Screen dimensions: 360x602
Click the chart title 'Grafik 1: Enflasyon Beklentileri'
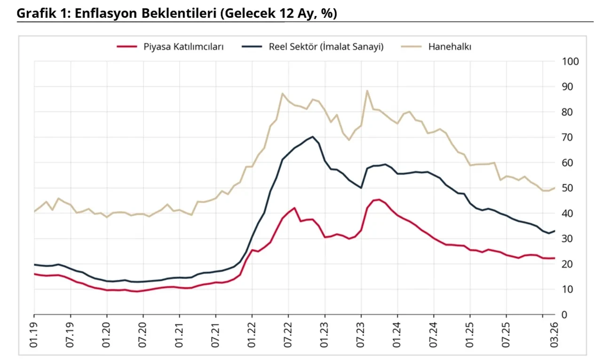click(177, 13)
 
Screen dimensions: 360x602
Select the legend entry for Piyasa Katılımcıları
click(183, 47)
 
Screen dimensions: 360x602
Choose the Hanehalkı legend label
click(450, 47)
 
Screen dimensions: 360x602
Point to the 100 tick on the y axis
click(570, 62)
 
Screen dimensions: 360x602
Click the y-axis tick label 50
click(568, 188)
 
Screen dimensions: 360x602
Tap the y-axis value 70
click(568, 137)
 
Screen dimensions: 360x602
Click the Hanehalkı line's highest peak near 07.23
click(367, 91)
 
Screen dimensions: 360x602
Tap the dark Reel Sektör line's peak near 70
click(313, 137)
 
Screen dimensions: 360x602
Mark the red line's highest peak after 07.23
click(379, 199)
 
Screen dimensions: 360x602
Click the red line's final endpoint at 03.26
click(554, 258)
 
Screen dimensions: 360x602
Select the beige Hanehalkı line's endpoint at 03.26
click(554, 188)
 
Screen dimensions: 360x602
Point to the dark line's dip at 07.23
click(361, 188)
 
